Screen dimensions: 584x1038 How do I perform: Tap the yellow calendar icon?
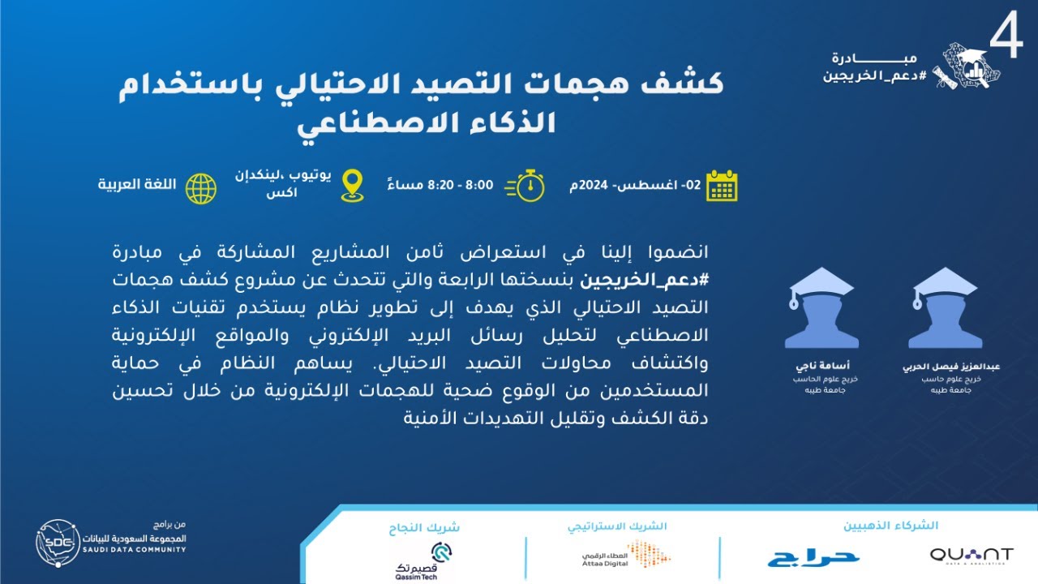(721, 186)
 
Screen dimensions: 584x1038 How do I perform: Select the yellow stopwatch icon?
(525, 186)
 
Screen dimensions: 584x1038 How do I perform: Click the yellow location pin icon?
(352, 186)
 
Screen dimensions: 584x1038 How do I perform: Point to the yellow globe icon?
(201, 187)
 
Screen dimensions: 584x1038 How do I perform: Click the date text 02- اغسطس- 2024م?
(635, 186)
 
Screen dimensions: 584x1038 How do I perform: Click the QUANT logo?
(971, 555)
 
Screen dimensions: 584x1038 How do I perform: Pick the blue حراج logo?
(813, 556)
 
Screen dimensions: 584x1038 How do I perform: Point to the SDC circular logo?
(58, 542)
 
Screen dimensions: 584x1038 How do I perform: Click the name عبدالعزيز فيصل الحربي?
(951, 367)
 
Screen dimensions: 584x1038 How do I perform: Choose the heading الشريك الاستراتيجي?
(616, 525)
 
